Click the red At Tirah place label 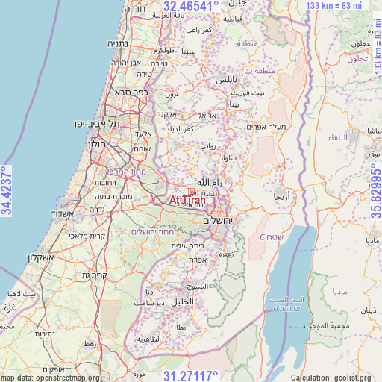pos(187,200)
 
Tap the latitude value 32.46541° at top pos(191,7)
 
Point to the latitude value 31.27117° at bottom pos(191,375)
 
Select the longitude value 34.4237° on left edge pos(7,191)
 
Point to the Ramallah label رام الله pos(209,181)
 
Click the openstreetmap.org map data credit pos(49,378)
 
